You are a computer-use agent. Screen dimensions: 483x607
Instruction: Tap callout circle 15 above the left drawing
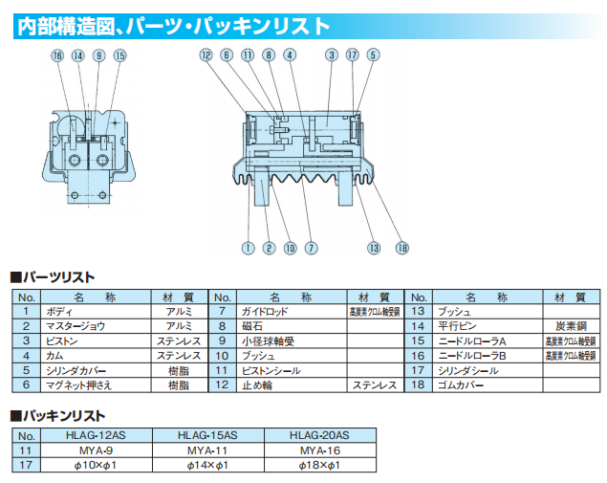119,55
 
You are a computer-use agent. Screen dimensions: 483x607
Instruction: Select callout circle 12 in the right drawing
206,55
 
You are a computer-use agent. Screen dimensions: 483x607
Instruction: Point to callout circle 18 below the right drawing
401,248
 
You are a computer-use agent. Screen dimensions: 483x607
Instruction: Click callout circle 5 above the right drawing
373,55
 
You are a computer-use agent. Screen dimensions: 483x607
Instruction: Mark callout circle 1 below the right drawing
248,248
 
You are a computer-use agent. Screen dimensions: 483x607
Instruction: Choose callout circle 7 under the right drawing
311,248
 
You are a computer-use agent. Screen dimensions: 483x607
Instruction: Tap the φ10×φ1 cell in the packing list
96,465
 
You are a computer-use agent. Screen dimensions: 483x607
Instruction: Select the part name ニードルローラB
472,356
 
